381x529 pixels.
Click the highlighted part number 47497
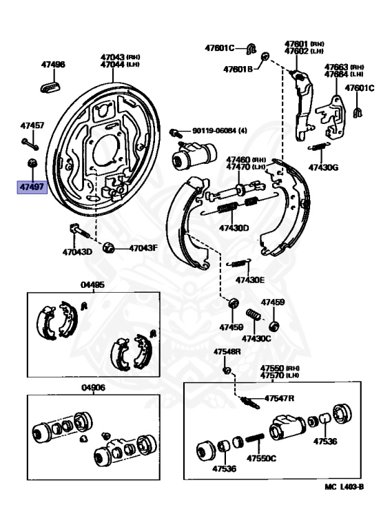(32, 187)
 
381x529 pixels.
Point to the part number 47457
(32, 126)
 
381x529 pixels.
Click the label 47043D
(76, 251)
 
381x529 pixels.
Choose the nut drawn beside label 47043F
(109, 247)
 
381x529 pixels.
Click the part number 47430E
(249, 280)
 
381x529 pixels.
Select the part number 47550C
(262, 458)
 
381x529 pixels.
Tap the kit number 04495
(93, 284)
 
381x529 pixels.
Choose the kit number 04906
(93, 388)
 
